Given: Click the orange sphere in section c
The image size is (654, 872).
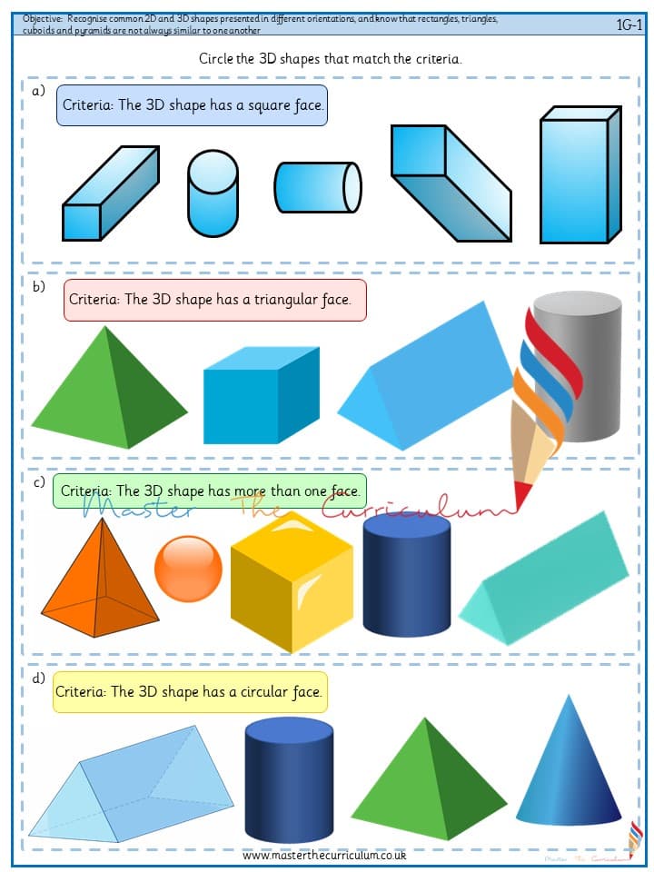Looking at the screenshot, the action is click(188, 569).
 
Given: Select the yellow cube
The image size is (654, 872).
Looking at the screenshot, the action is click(292, 581).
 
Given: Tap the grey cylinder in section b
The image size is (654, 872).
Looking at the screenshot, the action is click(579, 367).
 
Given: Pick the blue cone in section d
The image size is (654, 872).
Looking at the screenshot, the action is click(569, 768).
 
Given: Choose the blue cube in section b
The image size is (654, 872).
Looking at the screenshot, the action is click(262, 395).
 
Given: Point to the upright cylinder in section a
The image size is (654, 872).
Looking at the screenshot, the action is click(213, 193).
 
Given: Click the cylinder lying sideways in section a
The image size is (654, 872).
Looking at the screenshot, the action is click(318, 187).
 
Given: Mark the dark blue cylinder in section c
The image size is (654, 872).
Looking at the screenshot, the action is click(407, 575).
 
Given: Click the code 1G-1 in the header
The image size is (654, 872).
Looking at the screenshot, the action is click(629, 25).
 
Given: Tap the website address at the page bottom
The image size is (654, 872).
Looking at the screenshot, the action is click(324, 856).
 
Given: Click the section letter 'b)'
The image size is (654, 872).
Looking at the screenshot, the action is click(38, 287).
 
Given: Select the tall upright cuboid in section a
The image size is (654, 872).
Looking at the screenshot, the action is click(580, 174).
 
